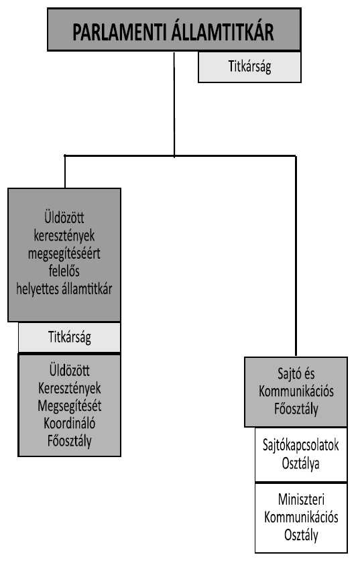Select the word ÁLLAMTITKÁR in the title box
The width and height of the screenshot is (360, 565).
click(223, 31)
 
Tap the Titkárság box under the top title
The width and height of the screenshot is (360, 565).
click(249, 67)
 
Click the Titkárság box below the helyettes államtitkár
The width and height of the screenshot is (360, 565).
click(69, 337)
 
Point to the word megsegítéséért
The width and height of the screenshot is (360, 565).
click(64, 254)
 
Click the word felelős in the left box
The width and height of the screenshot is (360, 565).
click(64, 271)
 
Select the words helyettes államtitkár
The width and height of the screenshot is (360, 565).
click(64, 289)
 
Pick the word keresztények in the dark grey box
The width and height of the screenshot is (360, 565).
click(64, 236)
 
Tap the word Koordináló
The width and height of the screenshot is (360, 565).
click(70, 423)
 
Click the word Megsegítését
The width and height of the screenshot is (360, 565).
click(70, 406)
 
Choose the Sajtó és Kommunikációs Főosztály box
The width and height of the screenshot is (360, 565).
click(296, 392)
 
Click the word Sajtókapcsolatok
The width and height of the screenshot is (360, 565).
click(300, 446)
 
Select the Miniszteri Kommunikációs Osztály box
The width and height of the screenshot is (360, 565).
click(301, 518)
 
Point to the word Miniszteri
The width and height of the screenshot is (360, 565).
click(301, 500)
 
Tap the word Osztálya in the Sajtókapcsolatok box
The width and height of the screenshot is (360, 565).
click(300, 463)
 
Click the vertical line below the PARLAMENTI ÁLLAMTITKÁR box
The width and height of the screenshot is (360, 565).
click(174, 104)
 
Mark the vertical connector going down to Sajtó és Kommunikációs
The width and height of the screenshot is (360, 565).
click(296, 256)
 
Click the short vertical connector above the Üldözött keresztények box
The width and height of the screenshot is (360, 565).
click(65, 172)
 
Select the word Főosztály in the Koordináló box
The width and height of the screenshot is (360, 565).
click(70, 441)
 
